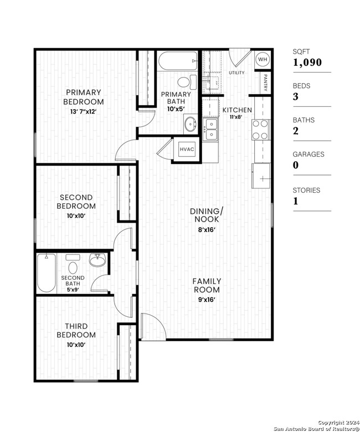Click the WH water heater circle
tap(263, 59)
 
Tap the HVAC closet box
tap(187, 150)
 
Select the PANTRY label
tap(265, 83)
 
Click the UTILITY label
tap(236, 73)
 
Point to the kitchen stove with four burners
tap(260, 130)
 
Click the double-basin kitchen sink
tap(210, 130)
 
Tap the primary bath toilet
tap(187, 82)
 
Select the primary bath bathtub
tap(178, 60)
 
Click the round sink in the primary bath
tap(191, 124)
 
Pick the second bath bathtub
tap(47, 273)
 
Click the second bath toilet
tap(73, 264)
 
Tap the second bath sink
tap(97, 260)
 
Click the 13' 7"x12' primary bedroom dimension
tap(84, 111)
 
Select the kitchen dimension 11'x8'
tap(236, 117)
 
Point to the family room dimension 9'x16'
tap(207, 300)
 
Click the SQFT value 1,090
tap(307, 63)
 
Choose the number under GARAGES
tap(296, 165)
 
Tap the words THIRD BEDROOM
tap(76, 330)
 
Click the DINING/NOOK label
tap(207, 215)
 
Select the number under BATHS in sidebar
tap(296, 131)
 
